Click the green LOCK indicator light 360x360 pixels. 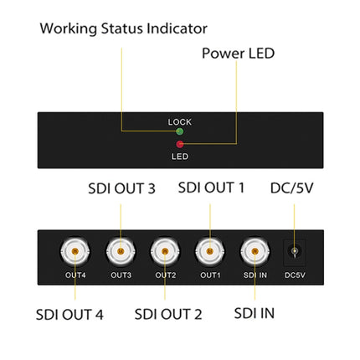point(179,131)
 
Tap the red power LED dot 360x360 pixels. point(179,143)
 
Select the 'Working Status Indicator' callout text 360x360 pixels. point(123,28)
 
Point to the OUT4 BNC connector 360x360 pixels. point(75,250)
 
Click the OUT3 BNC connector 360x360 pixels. point(120,250)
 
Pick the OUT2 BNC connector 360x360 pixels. point(164,250)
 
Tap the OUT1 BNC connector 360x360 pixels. point(209,250)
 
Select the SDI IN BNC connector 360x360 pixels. point(255,250)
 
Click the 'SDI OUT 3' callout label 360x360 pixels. point(121,188)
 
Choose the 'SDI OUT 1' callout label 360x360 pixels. point(211,188)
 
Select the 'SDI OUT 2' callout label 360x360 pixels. point(168,315)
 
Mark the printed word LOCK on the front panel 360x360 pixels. point(179,121)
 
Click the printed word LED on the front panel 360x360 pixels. point(179,154)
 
